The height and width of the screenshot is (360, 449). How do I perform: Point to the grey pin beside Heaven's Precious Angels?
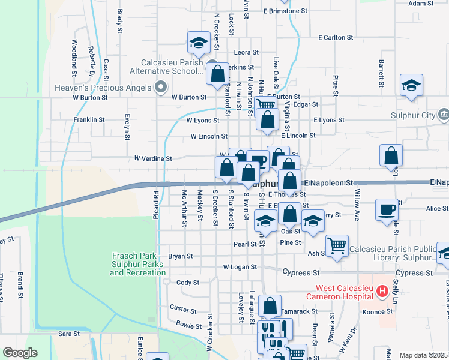(160, 88)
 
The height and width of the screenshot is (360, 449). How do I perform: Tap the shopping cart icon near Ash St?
(337, 244)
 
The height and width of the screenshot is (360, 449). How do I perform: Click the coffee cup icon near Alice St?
(387, 210)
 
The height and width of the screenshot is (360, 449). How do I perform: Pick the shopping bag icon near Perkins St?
(218, 74)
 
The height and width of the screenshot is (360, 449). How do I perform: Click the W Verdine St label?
(153, 159)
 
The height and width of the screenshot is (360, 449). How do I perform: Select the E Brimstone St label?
(285, 11)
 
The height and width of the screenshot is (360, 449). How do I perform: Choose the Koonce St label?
(377, 312)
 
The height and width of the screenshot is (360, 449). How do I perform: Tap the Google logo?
(20, 353)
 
